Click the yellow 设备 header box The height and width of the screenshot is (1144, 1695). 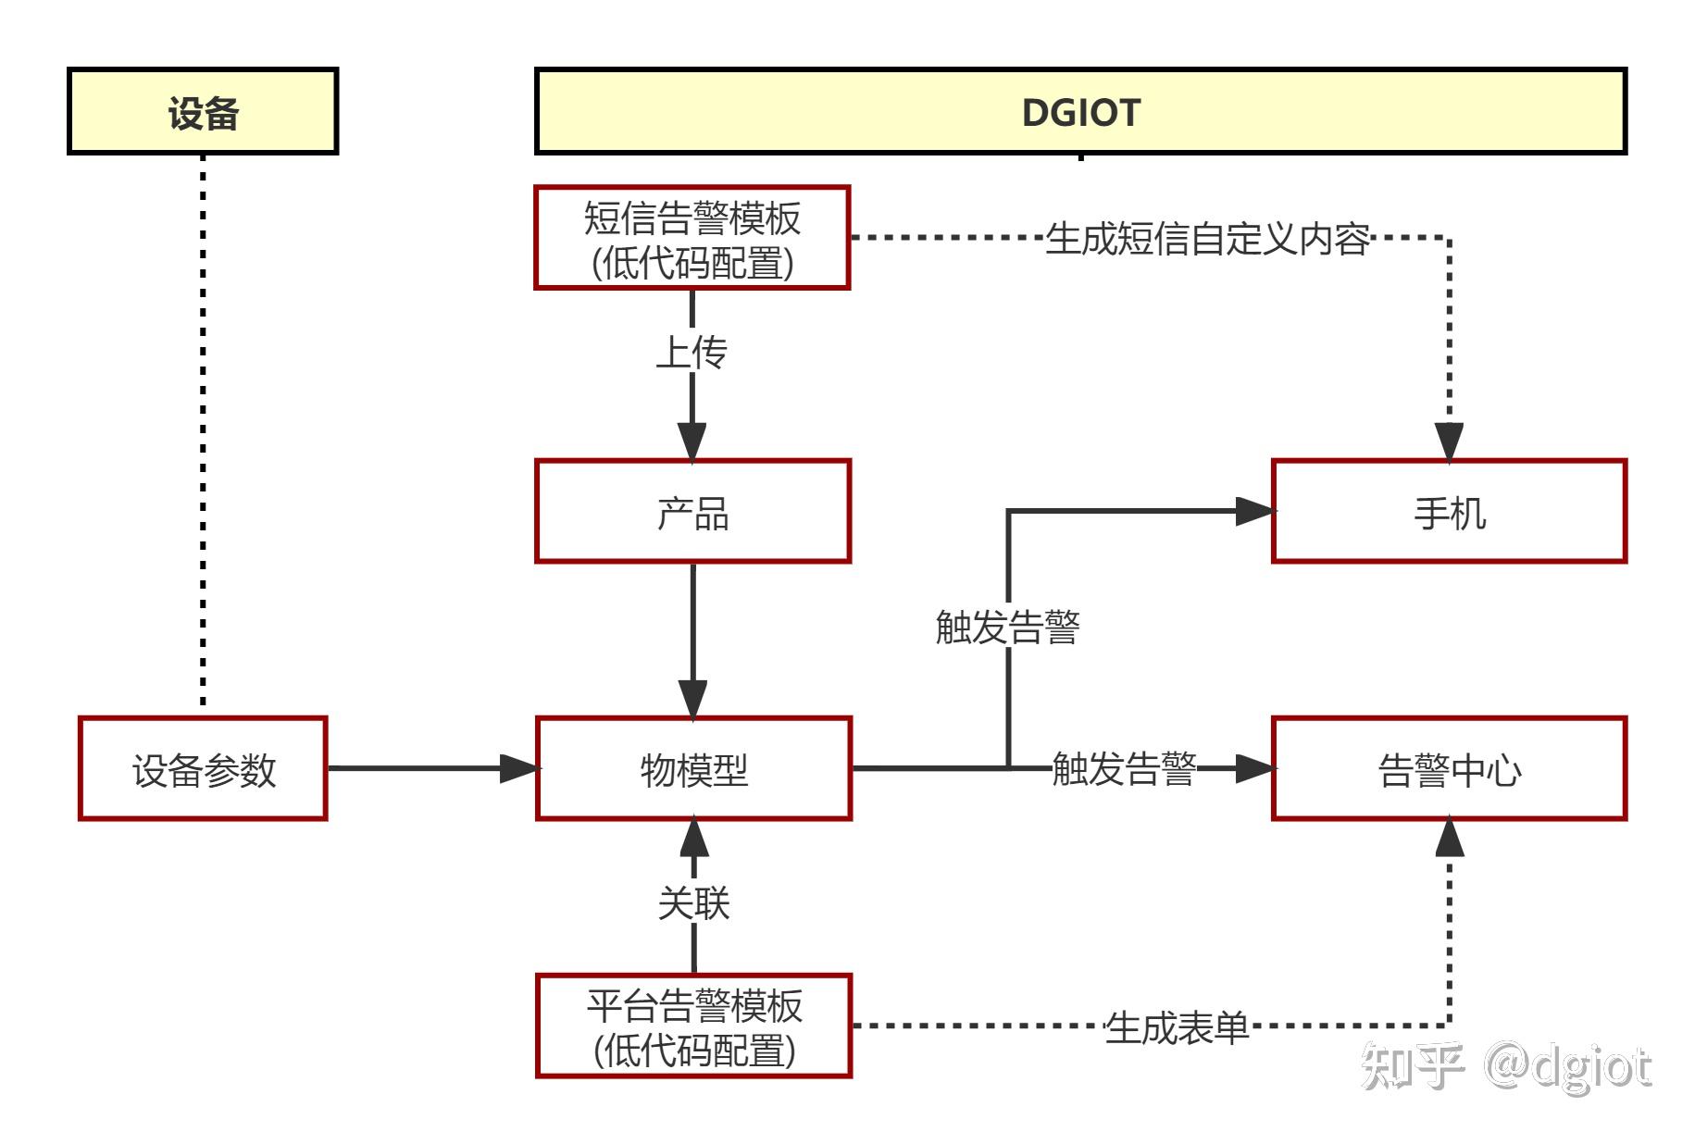203,111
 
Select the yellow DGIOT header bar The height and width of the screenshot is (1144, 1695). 1080,111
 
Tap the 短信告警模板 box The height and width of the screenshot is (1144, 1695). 692,238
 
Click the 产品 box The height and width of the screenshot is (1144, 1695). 692,511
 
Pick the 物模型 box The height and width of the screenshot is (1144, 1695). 693,768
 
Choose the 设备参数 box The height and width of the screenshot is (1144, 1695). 203,768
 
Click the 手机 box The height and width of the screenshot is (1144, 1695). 1449,511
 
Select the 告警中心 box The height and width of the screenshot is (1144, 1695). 1449,768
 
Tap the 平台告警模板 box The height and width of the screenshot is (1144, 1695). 693,1026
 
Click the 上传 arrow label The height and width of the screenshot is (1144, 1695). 692,353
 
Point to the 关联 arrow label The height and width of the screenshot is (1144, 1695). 693,902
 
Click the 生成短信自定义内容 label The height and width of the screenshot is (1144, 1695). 1207,239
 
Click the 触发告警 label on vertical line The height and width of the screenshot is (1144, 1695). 1007,627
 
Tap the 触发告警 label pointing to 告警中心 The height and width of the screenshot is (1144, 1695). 1124,768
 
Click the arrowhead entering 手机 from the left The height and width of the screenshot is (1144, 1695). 1253,511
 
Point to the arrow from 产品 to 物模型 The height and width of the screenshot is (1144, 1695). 692,639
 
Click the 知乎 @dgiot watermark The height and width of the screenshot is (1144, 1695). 1505,1066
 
